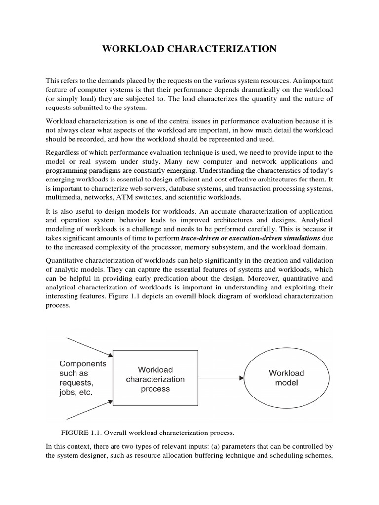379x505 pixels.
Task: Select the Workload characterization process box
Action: [x=155, y=379]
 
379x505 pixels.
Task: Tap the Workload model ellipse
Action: [x=286, y=378]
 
